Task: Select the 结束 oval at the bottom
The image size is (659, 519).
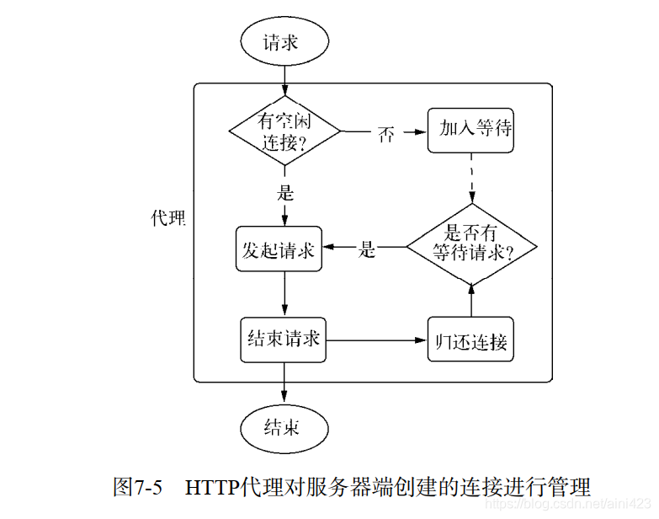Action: click(284, 427)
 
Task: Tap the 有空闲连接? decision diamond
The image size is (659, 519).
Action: click(284, 131)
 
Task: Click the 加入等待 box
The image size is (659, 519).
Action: click(470, 130)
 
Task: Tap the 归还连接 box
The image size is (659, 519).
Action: click(470, 340)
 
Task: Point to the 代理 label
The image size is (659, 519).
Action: click(167, 218)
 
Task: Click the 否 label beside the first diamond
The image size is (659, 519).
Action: click(386, 133)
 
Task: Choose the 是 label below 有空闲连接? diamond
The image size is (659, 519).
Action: click(284, 191)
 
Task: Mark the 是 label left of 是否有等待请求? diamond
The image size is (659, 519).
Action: click(367, 249)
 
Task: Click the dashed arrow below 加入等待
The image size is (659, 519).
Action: click(470, 179)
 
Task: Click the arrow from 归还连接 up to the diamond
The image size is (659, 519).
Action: click(470, 302)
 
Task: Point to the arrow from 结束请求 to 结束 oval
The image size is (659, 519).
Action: click(284, 384)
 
